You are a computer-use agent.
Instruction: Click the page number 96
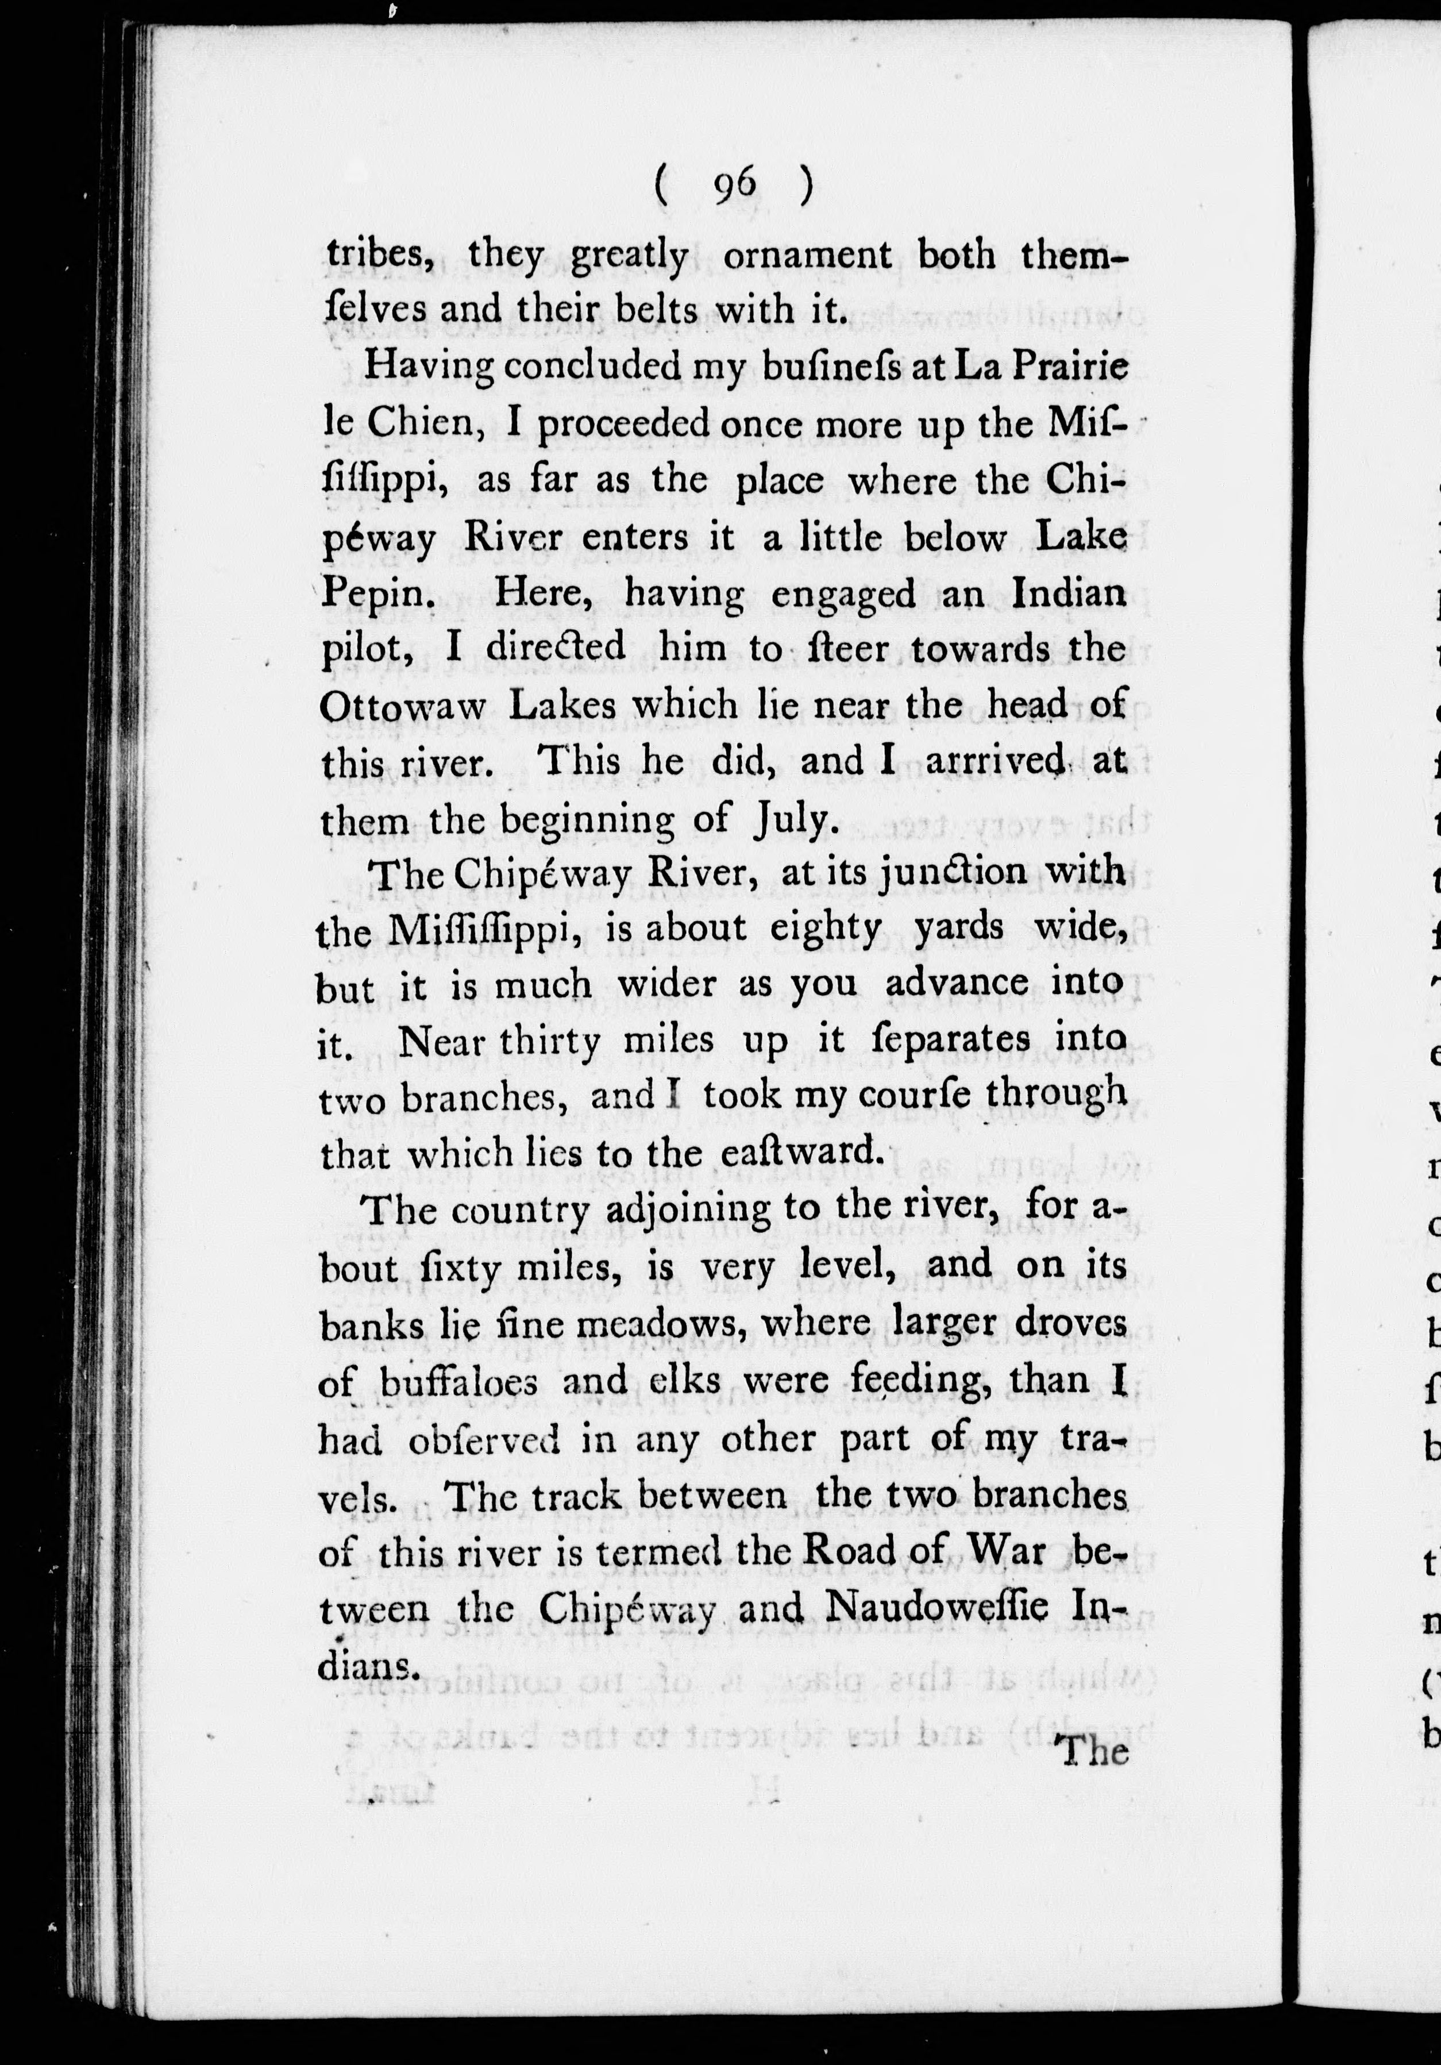pyautogui.click(x=734, y=186)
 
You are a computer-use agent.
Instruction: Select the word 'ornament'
pyautogui.click(x=807, y=256)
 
